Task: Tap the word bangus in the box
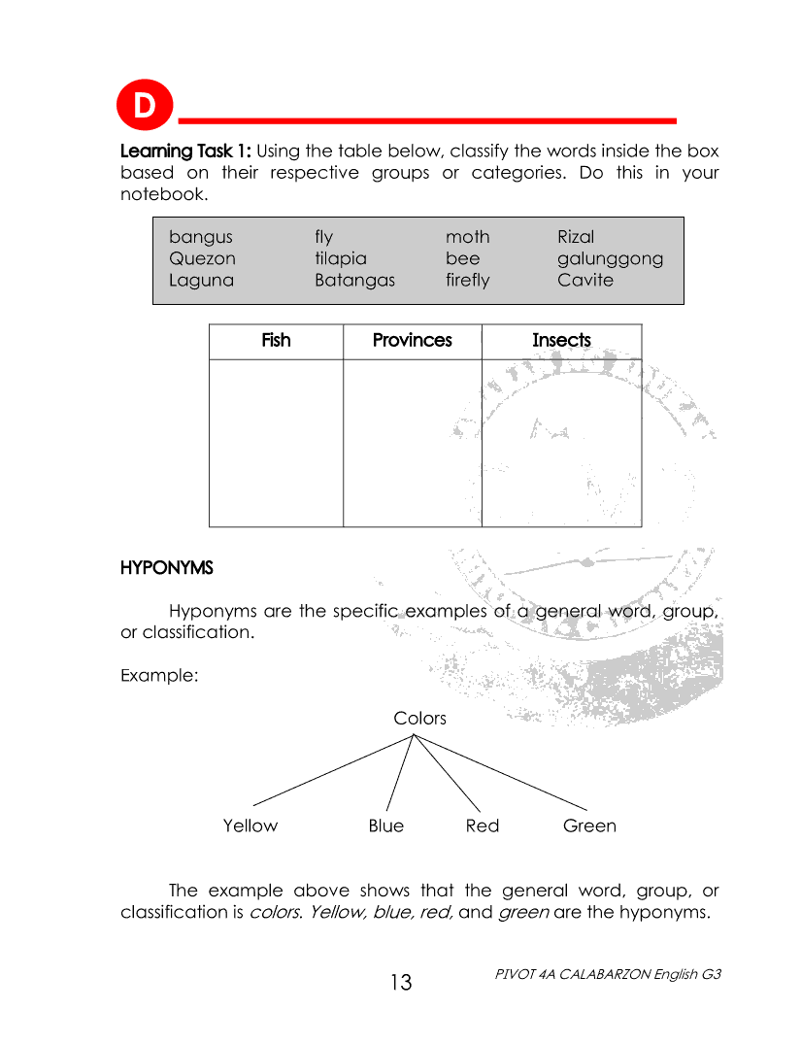(201, 237)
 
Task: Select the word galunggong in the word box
(610, 259)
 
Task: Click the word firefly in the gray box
(467, 281)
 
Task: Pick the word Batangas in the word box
(354, 281)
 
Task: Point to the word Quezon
(202, 259)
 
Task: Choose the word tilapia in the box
(340, 259)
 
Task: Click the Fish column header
(276, 341)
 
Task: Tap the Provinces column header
(412, 341)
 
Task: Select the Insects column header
(561, 341)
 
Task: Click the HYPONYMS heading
(166, 567)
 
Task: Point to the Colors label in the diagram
(419, 719)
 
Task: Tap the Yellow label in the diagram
(250, 826)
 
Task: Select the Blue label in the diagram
(385, 826)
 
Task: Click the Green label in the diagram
(589, 826)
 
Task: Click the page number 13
(401, 983)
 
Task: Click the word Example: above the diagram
(159, 675)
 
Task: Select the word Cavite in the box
(584, 281)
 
